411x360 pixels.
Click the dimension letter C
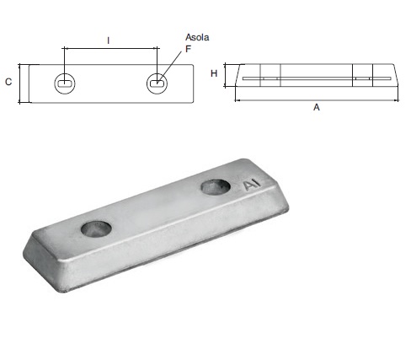[8, 82]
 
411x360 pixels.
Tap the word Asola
[197, 37]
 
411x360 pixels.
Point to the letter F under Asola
[189, 50]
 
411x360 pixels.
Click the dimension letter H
[214, 74]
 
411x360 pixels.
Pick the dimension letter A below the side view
[316, 107]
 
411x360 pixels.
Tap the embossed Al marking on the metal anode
[251, 185]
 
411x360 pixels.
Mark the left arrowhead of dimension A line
[238, 99]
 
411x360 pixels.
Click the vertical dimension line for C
[19, 83]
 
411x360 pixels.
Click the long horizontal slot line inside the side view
[316, 80]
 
